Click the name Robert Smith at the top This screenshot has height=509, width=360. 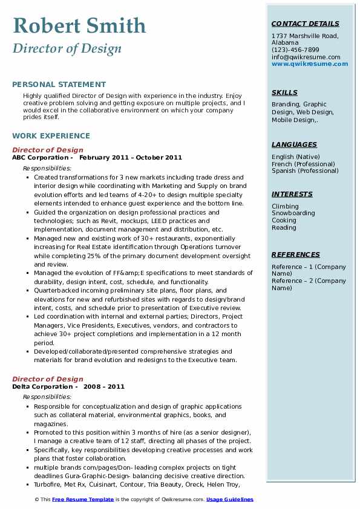(79, 25)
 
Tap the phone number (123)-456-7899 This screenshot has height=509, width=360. (295, 50)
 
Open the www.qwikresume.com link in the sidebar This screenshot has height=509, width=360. (310, 63)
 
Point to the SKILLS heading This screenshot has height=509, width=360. (284, 92)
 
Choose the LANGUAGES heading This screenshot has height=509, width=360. (294, 144)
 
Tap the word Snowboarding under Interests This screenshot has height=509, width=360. (293, 213)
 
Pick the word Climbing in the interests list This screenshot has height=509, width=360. (285, 206)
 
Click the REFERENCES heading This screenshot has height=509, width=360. (296, 254)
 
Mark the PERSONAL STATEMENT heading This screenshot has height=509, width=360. (59, 85)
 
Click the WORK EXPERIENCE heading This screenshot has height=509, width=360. (51, 136)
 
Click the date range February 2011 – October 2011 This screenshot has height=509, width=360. (130, 158)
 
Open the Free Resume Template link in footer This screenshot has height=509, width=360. (83, 499)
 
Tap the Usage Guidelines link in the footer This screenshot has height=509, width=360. (230, 499)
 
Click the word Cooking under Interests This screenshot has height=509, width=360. (284, 221)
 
